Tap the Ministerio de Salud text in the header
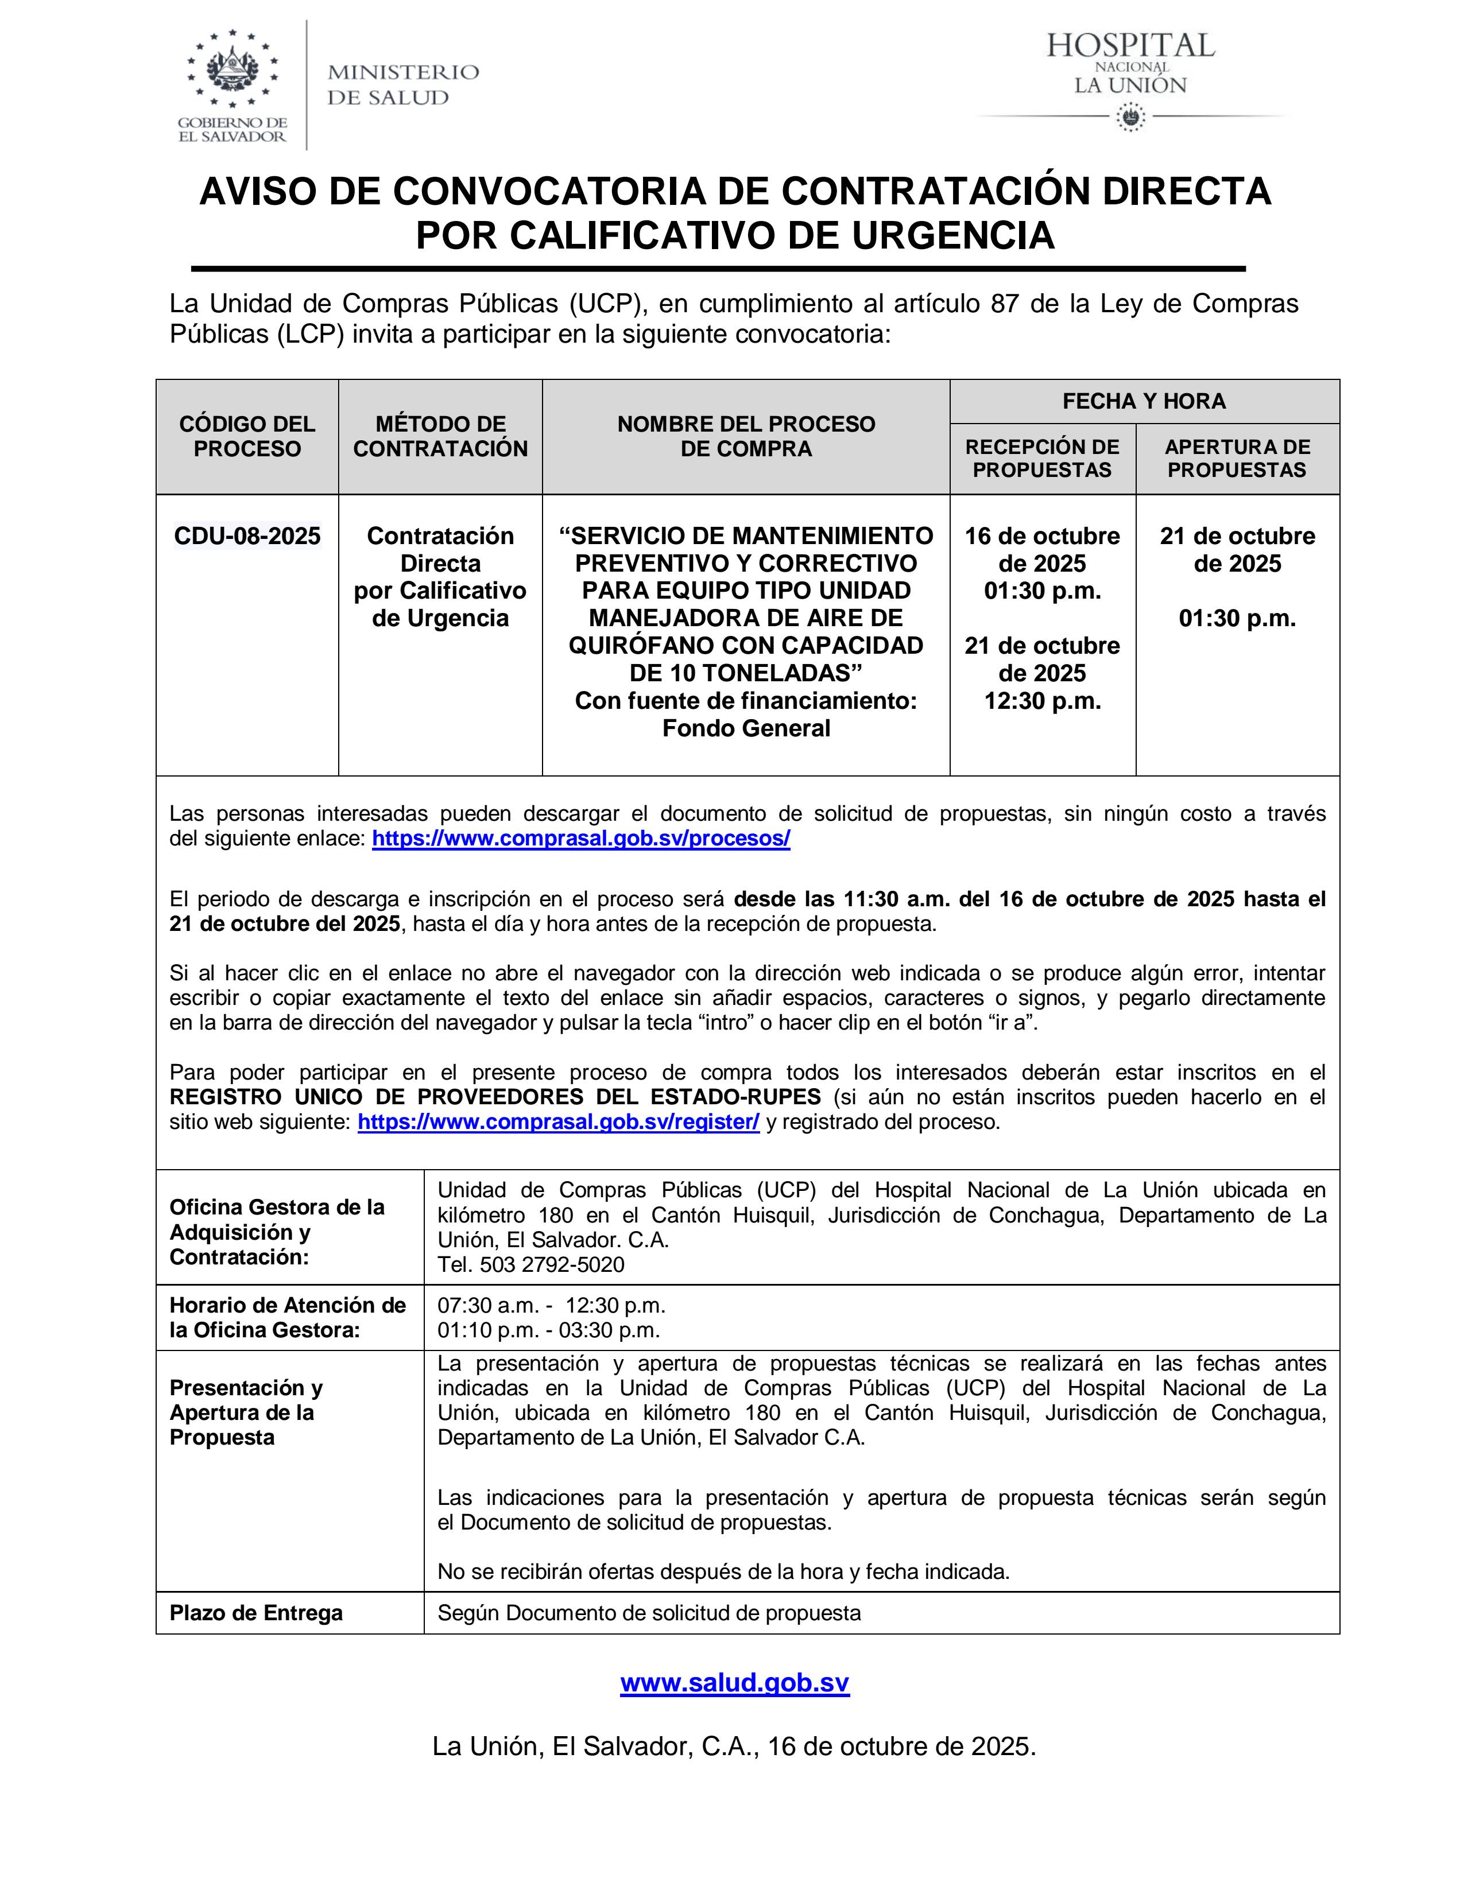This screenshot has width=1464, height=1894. pos(402,84)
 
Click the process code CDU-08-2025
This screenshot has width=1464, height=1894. pos(247,536)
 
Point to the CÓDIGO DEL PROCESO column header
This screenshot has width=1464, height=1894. pos(247,436)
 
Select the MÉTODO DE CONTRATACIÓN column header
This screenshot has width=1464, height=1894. pos(440,436)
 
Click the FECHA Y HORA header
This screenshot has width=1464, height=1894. pos(1144,402)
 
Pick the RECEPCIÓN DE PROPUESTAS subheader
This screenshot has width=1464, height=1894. pos(1043,459)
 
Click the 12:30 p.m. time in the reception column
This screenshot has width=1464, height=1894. pos(1043,701)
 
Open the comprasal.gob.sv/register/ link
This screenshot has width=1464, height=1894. pos(559,1121)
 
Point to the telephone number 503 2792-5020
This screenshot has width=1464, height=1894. pos(552,1264)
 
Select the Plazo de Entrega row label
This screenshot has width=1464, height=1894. pos(256,1613)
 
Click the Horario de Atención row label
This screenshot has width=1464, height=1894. pos(287,1317)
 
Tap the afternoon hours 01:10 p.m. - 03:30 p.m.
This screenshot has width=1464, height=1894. pos(549,1329)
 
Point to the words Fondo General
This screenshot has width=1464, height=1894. pos(746,728)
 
